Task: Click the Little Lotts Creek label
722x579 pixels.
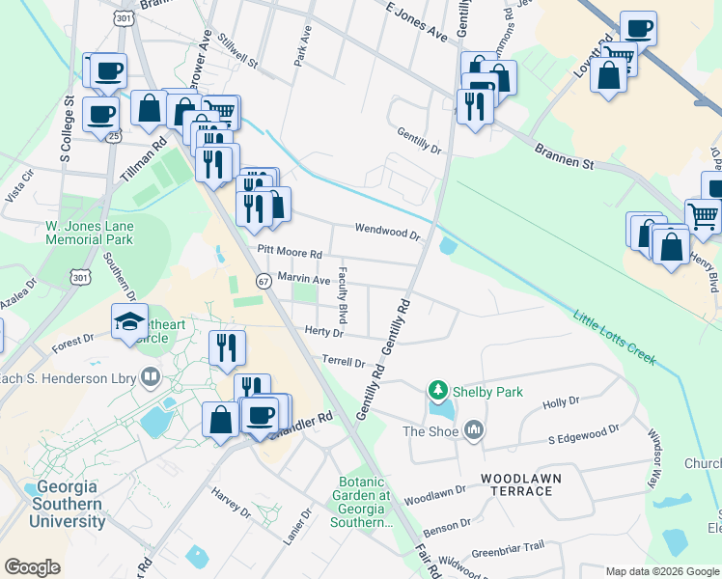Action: (x=614, y=338)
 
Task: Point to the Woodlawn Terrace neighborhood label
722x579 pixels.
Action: (x=517, y=484)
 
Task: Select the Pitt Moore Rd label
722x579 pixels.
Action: (x=289, y=251)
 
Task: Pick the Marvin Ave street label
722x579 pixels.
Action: (x=304, y=279)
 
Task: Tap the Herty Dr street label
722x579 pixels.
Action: (x=324, y=332)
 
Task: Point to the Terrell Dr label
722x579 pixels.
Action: (x=344, y=363)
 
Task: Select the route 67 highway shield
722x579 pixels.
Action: (x=264, y=280)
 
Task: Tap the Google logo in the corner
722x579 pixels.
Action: (x=32, y=567)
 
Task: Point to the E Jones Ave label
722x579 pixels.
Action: (x=416, y=20)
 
